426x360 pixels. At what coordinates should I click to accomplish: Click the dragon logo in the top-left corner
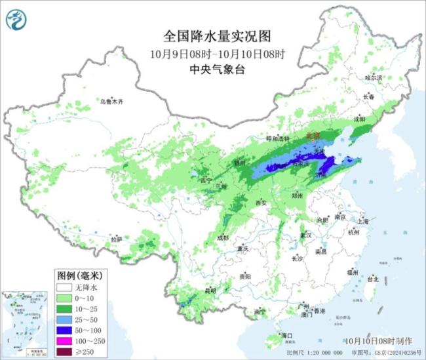[x=15, y=20]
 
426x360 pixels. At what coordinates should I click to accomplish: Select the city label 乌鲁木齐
[x=111, y=102]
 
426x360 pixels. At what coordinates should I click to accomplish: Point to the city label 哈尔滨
[x=373, y=77]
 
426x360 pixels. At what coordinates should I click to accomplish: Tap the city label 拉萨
[x=116, y=240]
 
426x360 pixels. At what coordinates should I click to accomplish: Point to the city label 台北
[x=372, y=279]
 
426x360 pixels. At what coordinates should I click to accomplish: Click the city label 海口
[x=286, y=335]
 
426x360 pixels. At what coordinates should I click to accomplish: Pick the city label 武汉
[x=305, y=234]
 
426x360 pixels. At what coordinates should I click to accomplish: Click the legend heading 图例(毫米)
[x=77, y=275]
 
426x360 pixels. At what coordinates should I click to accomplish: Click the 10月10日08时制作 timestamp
[x=379, y=341]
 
